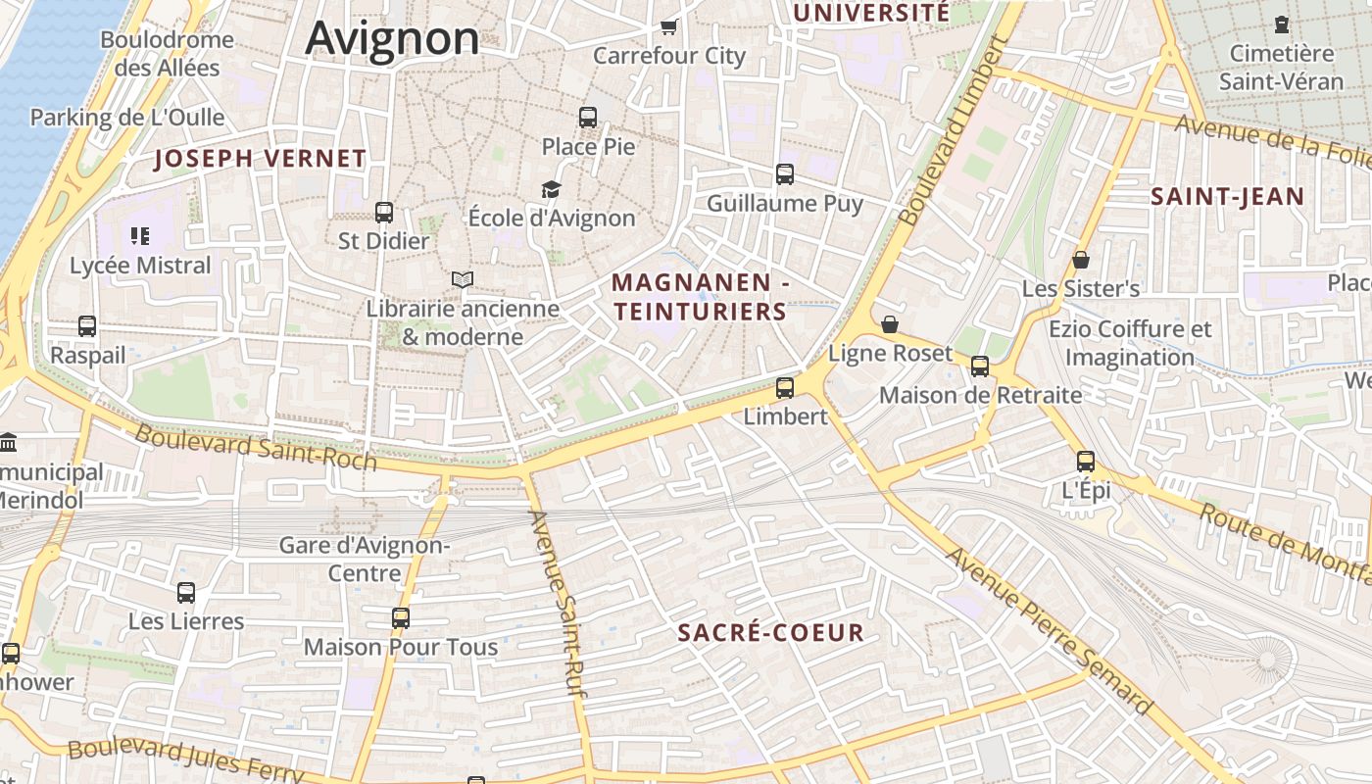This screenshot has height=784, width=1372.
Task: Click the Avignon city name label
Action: tap(392, 38)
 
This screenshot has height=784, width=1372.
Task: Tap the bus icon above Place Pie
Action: tap(588, 118)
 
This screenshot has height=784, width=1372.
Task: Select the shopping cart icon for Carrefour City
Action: tap(669, 26)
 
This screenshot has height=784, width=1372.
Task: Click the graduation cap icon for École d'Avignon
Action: tap(552, 189)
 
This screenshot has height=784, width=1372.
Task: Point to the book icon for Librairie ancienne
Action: tap(463, 280)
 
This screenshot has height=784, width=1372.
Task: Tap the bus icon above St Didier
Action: tap(384, 212)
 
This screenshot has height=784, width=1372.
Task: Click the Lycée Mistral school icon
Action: tap(139, 236)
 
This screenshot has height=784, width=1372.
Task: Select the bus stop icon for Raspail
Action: tap(87, 326)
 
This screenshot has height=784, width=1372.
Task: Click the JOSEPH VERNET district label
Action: tap(261, 159)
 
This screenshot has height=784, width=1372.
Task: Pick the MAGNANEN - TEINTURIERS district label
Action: tap(700, 297)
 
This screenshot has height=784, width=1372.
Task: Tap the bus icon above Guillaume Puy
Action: tap(785, 174)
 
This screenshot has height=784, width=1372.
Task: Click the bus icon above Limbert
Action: tap(785, 387)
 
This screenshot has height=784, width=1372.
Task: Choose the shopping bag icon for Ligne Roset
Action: tap(890, 323)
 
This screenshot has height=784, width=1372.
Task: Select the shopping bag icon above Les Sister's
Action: tap(1081, 260)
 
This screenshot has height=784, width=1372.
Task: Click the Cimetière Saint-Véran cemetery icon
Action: tap(1281, 24)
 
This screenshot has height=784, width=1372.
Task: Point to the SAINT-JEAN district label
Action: tap(1227, 197)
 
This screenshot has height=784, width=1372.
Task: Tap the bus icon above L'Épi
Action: tap(1086, 461)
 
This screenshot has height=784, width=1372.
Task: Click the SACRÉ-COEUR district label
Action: tap(771, 633)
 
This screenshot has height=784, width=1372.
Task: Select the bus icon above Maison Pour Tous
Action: tap(401, 617)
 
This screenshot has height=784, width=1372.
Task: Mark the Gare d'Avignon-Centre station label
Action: tap(365, 559)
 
